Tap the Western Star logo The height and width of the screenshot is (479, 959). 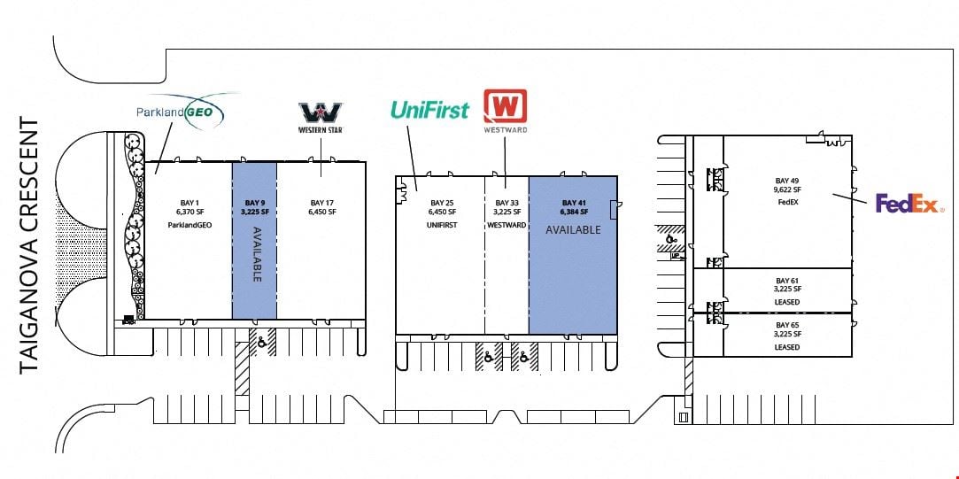pos(321,118)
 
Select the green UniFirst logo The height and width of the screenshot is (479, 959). pos(429,110)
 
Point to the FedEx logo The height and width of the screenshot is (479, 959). pos(909,204)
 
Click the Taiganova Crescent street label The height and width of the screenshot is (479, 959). pos(28,246)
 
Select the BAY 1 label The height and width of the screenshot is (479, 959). pos(189,203)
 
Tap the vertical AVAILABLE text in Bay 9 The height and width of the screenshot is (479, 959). pos(256,254)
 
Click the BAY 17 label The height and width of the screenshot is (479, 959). pos(323,203)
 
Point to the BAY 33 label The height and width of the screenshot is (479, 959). pos(507,203)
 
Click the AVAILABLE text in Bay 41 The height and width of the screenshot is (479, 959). pos(573,230)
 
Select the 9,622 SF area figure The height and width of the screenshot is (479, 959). pos(787,189)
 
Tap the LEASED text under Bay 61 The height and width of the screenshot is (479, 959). pos(787,302)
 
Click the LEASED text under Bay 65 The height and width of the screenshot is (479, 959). pos(787,347)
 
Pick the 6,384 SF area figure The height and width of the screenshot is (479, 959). pos(575,212)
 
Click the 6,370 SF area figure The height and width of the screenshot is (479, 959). pos(189,212)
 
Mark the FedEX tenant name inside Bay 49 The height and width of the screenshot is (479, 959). pos(787,203)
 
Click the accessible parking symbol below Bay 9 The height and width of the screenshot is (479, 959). pos(262,344)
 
